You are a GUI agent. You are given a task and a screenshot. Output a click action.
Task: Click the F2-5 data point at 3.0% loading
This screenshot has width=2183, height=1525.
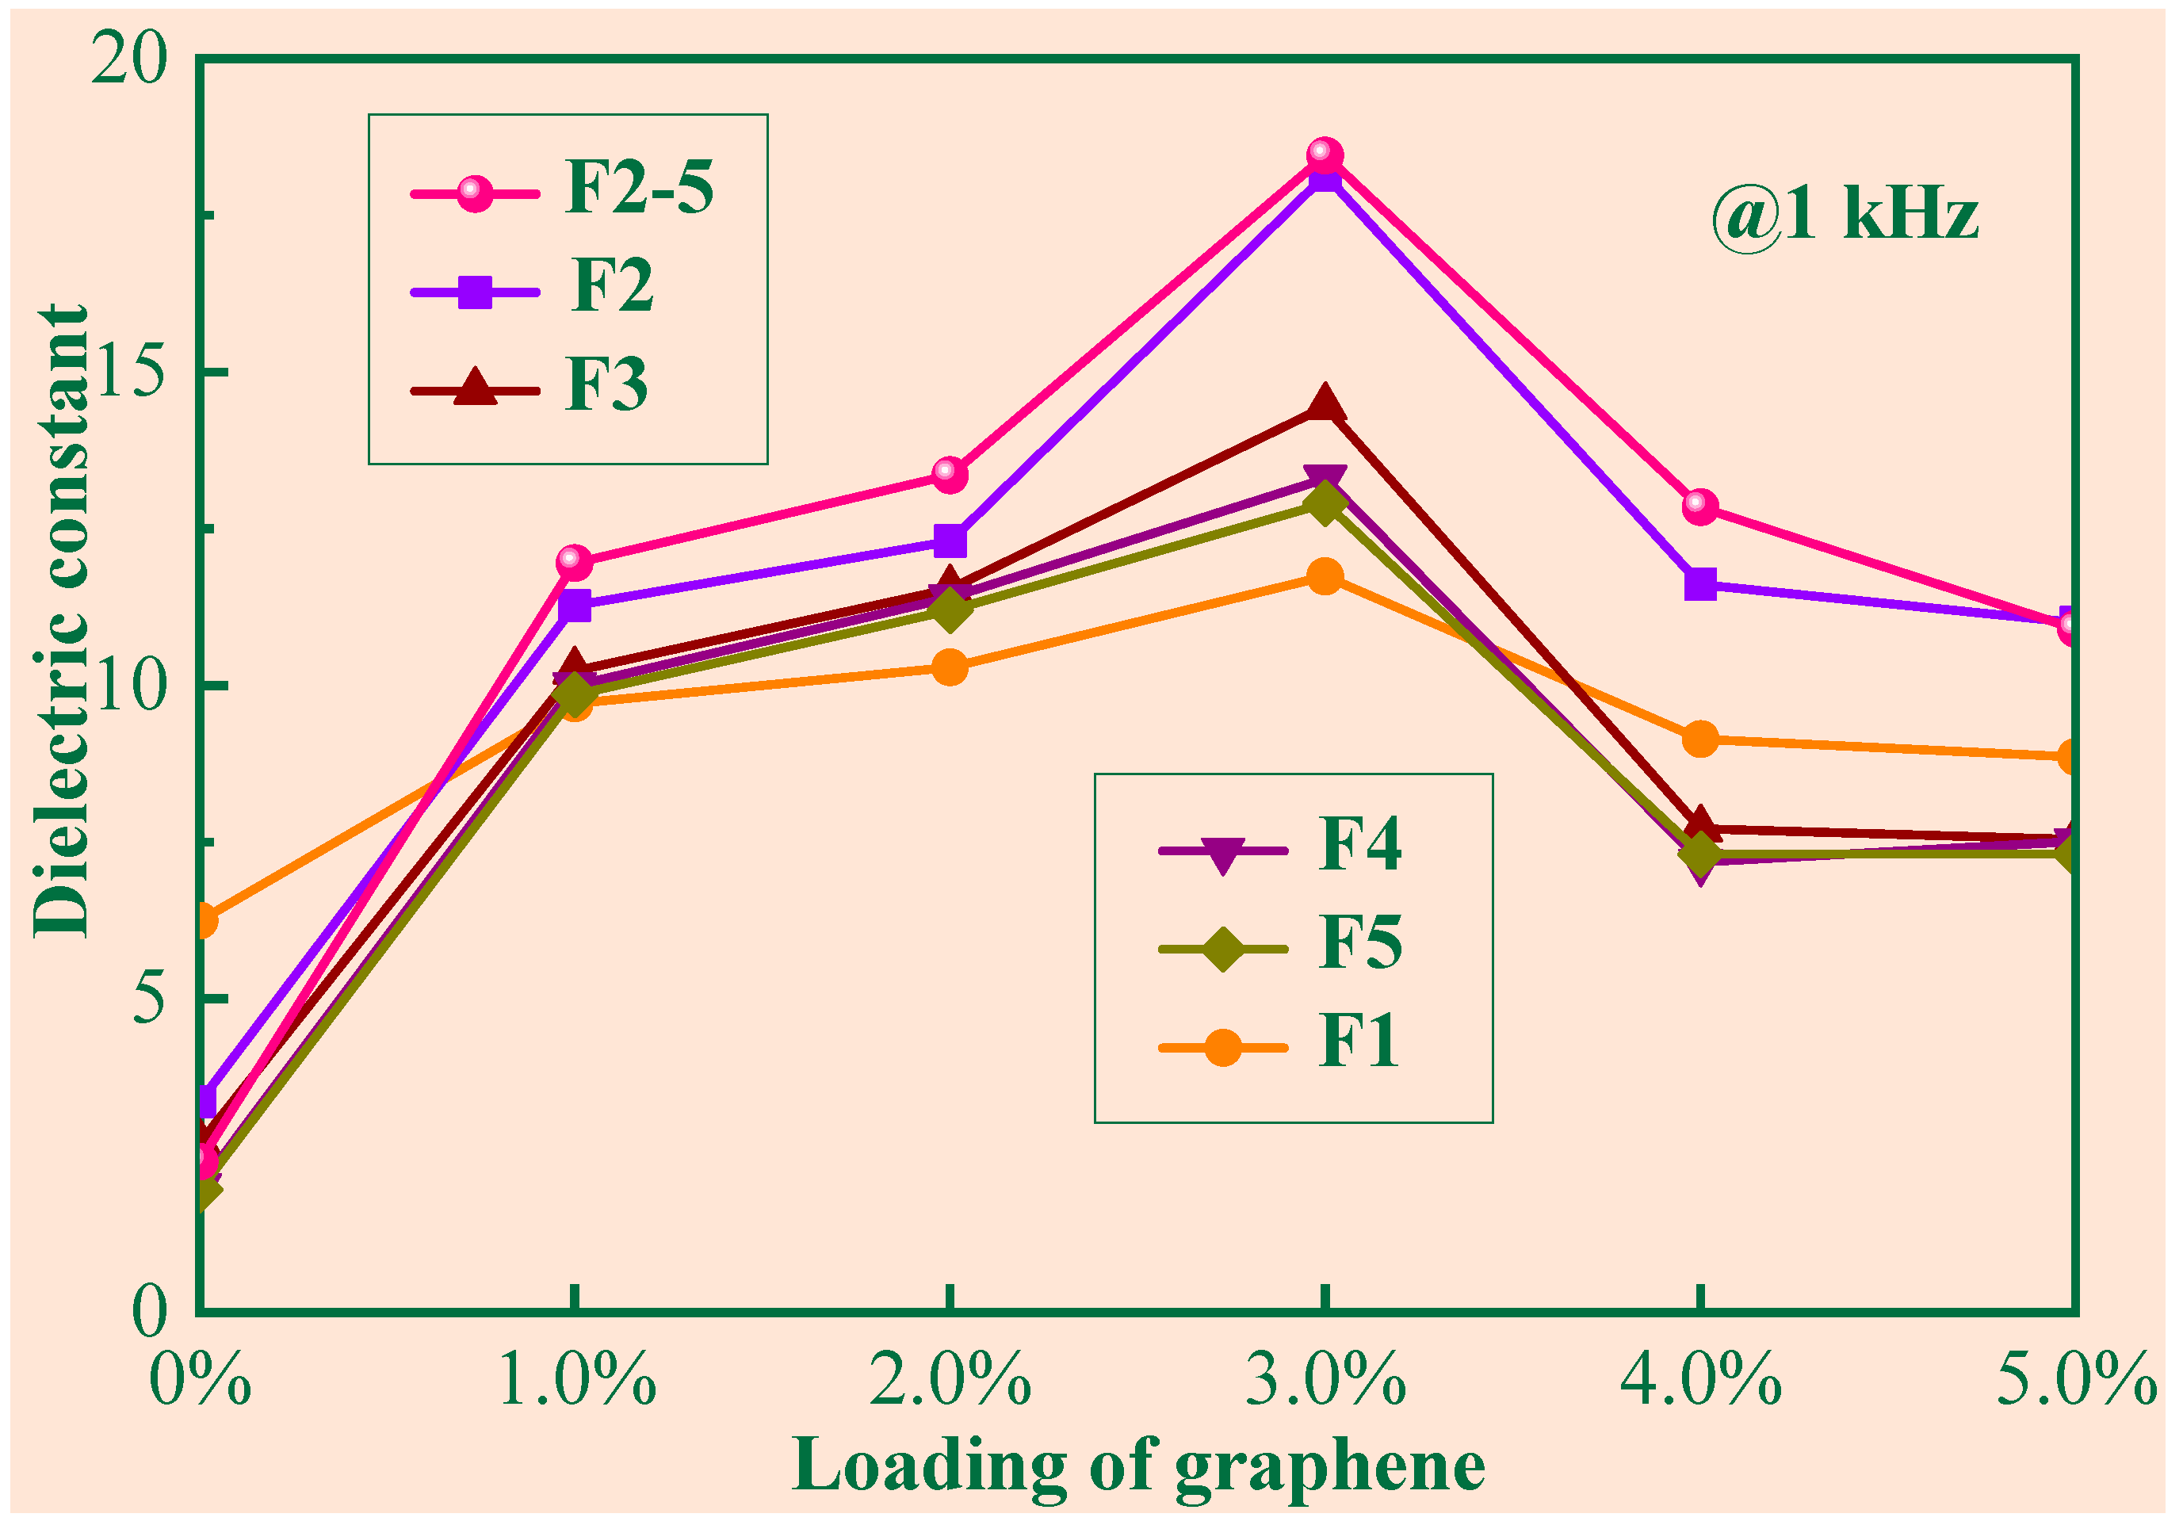[1325, 154]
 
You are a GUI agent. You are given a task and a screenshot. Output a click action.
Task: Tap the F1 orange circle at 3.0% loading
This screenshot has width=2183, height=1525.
[1325, 576]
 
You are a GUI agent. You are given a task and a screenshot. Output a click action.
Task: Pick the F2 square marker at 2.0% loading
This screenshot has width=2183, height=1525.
[949, 541]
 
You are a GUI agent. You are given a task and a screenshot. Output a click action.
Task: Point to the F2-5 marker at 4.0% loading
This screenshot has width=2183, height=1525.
[1700, 506]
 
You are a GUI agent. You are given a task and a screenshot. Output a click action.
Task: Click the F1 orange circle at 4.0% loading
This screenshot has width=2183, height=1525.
[1700, 739]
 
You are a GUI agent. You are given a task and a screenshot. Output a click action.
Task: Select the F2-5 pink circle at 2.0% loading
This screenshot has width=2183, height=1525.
[949, 472]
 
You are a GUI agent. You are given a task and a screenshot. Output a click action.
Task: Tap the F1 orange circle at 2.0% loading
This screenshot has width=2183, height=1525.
[949, 667]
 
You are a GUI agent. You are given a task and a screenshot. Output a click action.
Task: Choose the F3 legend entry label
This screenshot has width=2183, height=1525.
[606, 385]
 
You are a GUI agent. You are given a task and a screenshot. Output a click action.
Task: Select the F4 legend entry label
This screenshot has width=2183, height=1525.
[1359, 843]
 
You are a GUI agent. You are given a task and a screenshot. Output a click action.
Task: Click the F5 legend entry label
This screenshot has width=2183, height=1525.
[1359, 942]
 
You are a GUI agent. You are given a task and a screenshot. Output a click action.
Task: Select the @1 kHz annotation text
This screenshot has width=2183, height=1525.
[1845, 215]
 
